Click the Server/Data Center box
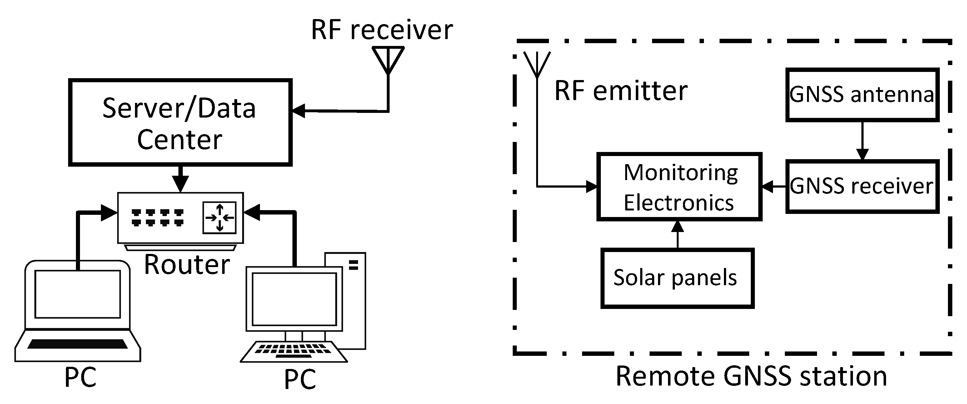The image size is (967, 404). click(x=180, y=123)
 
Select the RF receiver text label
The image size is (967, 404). click(x=382, y=30)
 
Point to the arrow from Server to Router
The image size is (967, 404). click(x=181, y=179)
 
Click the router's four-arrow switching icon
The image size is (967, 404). click(x=220, y=218)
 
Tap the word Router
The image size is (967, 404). click(x=187, y=265)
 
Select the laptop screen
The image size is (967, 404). click(x=77, y=294)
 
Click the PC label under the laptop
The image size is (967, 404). click(x=80, y=377)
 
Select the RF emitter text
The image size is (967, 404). click(x=621, y=91)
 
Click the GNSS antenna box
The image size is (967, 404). click(x=862, y=95)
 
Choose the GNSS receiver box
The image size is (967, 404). click(x=862, y=186)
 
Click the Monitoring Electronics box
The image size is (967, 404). click(x=679, y=187)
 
